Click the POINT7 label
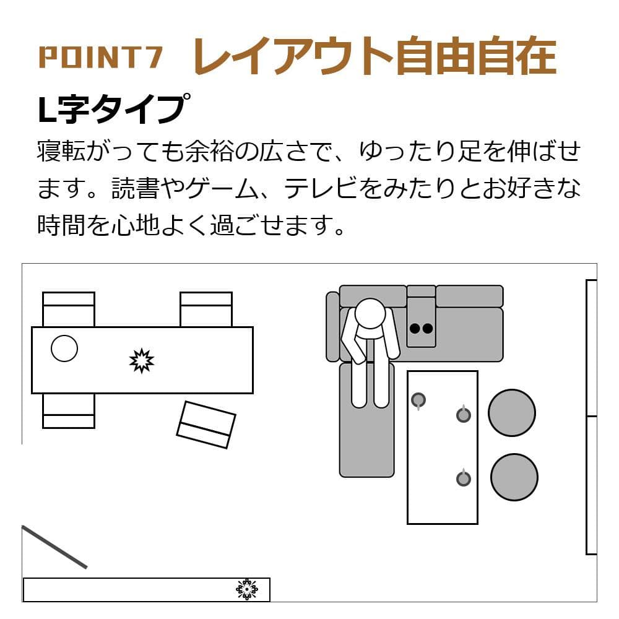click(x=100, y=57)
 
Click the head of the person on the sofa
click(x=370, y=314)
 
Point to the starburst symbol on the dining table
click(x=142, y=361)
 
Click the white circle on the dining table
click(x=64, y=348)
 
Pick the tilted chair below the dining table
click(x=206, y=425)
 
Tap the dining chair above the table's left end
click(x=69, y=309)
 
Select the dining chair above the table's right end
click(x=206, y=309)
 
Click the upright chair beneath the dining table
click(x=69, y=410)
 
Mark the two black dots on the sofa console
click(x=421, y=329)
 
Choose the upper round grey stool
click(x=512, y=413)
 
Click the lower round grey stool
click(x=514, y=477)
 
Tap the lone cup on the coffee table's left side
click(x=418, y=400)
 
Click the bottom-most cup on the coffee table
click(x=463, y=478)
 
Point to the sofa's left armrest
click(x=332, y=326)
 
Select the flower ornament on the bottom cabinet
click(x=246, y=589)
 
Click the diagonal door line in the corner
click(x=54, y=547)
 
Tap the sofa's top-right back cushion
click(x=469, y=296)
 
